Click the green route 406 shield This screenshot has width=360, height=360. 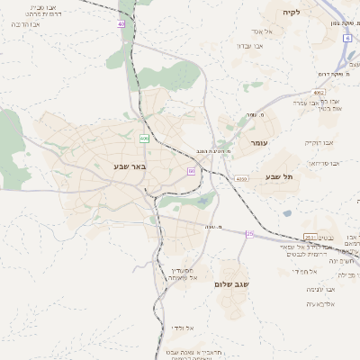point(144,139)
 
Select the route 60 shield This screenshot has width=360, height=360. point(191,170)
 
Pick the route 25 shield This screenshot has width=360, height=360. point(249,235)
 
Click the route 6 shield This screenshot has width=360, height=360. point(346,38)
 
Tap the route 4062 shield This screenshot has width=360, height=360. point(319,92)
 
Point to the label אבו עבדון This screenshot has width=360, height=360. point(249,45)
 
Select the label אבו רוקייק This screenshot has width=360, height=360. point(319,142)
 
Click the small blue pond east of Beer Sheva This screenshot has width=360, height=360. point(287,213)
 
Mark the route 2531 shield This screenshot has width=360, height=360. point(310,238)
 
